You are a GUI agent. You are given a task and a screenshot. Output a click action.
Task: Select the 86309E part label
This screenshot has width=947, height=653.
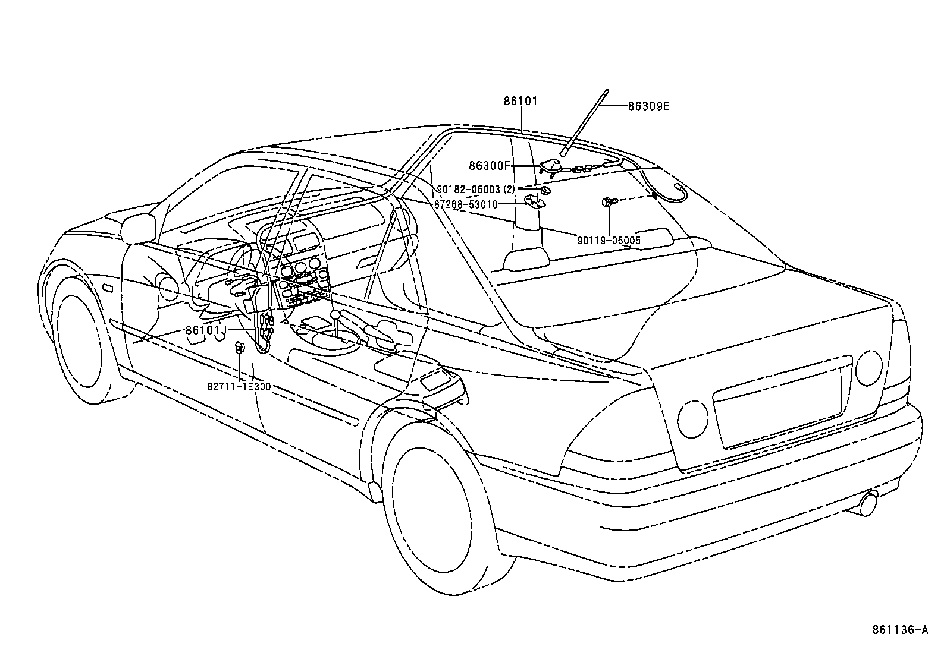[648, 106]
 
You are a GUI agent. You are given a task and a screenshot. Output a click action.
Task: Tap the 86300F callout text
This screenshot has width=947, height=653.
[490, 166]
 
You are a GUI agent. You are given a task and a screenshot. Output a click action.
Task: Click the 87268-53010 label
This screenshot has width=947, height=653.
[465, 204]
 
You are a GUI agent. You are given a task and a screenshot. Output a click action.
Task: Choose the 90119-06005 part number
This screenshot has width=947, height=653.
[609, 240]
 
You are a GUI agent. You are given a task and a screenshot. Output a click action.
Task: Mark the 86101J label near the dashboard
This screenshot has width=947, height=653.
[206, 330]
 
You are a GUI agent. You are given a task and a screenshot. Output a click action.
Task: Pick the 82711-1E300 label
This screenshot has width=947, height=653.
[239, 386]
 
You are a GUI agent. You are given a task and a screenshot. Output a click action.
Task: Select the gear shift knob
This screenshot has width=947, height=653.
[336, 314]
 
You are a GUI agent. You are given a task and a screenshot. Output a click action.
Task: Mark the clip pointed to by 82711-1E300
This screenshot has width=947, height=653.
[240, 348]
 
